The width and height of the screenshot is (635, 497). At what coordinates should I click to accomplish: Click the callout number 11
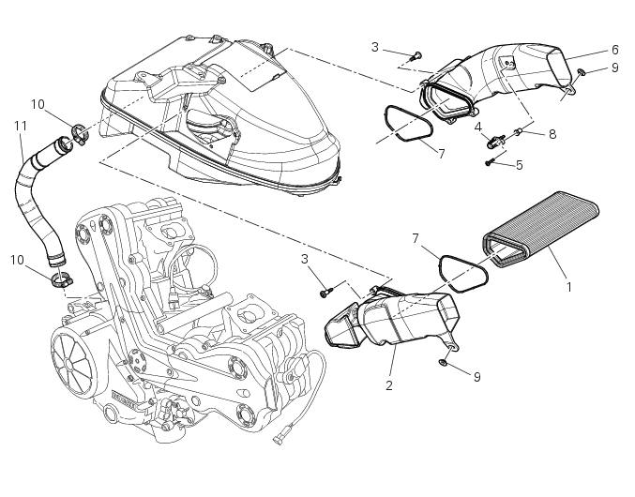coord(20,125)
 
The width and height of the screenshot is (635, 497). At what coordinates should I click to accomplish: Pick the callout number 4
coord(477,127)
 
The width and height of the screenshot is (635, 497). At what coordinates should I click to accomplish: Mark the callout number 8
coord(552,134)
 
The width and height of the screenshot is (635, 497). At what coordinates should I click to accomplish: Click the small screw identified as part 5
coord(491,162)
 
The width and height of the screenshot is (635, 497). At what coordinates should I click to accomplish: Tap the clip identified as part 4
coord(492,141)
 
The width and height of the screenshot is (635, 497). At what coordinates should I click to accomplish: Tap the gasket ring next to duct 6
coord(404,127)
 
